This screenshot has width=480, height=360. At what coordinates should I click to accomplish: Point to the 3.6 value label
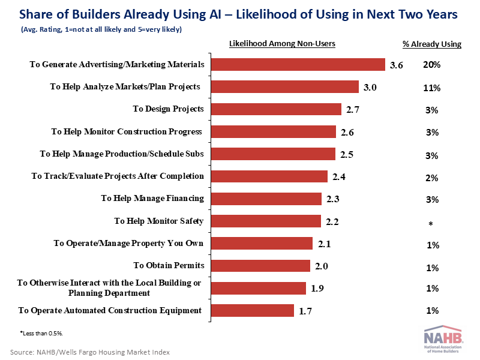[396, 65]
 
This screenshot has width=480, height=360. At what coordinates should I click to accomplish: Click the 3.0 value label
[370, 88]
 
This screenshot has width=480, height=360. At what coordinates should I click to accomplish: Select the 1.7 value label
[305, 311]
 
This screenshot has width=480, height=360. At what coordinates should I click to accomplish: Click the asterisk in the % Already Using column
[430, 224]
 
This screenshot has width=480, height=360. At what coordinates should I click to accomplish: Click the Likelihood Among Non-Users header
[282, 43]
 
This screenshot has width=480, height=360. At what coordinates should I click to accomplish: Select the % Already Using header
[431, 43]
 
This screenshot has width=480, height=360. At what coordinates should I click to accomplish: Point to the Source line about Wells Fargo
[90, 352]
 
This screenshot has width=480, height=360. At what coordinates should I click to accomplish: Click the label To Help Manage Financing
[152, 199]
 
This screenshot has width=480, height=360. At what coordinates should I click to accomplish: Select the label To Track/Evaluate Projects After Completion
[118, 176]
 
